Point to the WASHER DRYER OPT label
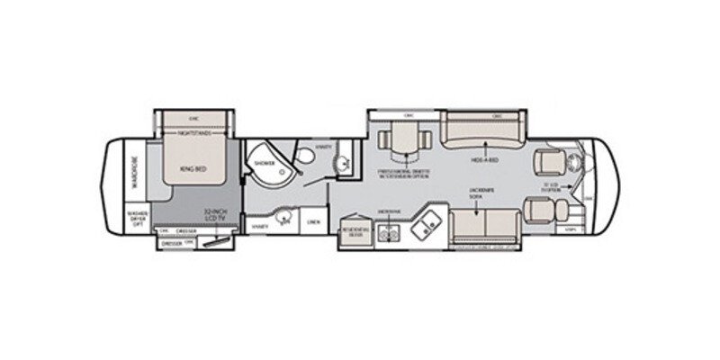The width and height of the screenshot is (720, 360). point(136,219)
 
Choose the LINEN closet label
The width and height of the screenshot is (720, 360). point(314,220)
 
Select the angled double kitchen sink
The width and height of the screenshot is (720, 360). point(424,225)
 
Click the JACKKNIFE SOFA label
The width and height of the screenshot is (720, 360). point(481,195)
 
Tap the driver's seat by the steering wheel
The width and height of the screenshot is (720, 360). point(549,161)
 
